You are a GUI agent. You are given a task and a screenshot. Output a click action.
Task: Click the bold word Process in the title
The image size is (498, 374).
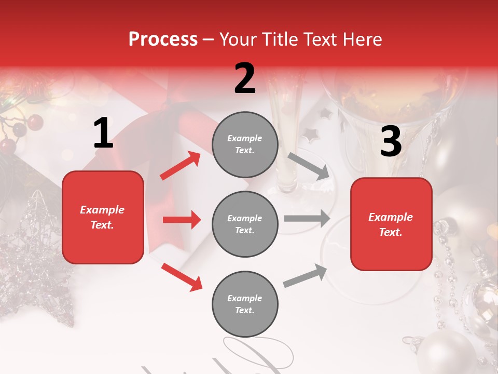(163, 39)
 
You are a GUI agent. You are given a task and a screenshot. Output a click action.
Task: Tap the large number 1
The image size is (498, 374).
(103, 133)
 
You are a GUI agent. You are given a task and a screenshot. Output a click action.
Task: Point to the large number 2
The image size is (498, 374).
(245, 78)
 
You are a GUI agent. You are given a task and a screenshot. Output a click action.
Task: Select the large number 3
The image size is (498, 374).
(391, 142)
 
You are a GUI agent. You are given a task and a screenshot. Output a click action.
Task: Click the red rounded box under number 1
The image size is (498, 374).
(103, 217)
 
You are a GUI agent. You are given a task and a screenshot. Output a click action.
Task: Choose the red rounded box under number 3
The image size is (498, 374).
(391, 224)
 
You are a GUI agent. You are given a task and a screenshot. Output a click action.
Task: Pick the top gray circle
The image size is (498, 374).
(245, 144)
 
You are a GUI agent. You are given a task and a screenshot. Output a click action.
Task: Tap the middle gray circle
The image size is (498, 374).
(245, 224)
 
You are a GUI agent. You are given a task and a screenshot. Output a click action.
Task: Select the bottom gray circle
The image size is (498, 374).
(245, 304)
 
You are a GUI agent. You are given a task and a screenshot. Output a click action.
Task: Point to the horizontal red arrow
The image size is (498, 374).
(182, 220)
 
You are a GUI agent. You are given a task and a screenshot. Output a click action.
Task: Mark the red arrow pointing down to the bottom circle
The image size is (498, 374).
(182, 276)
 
